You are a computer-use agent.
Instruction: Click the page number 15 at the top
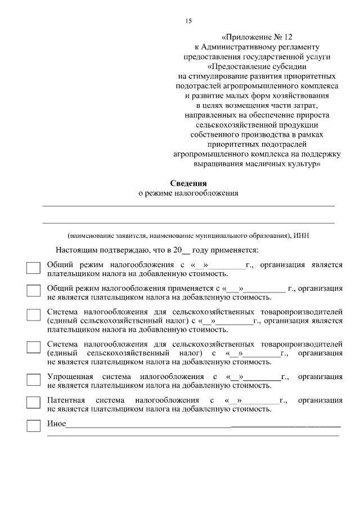(188, 21)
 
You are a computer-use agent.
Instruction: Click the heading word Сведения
(188, 183)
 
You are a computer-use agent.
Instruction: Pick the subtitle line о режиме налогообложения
(188, 193)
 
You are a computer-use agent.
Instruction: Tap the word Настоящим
(74, 250)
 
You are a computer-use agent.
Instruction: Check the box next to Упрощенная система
(34, 379)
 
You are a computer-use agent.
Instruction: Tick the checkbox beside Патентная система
(34, 403)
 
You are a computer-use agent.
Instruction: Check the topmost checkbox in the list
(34, 268)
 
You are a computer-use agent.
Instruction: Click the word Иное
(56, 424)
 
